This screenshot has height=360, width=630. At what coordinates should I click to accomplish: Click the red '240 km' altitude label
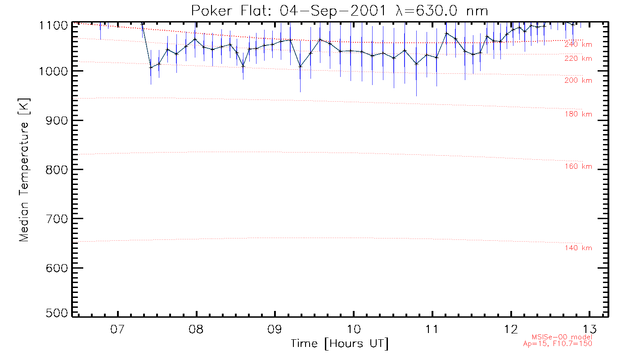tap(578, 45)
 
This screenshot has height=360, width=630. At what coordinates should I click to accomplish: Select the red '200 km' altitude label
tap(578, 81)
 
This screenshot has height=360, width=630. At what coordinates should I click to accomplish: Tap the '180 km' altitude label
tap(578, 114)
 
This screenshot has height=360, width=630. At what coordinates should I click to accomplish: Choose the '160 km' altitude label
tap(578, 167)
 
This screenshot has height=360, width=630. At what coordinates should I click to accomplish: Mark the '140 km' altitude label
tap(578, 248)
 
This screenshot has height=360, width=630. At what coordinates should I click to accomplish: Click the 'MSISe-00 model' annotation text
tap(562, 337)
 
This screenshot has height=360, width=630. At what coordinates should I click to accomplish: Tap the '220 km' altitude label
tap(578, 58)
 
